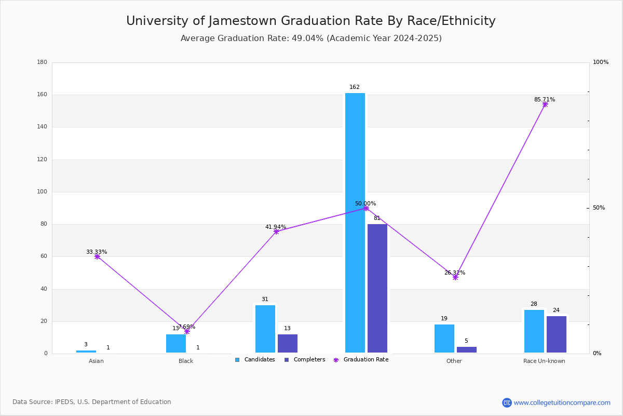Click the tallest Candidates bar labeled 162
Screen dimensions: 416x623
(355, 223)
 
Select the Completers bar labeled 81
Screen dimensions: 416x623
(377, 289)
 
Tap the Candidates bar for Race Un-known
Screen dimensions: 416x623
(534, 331)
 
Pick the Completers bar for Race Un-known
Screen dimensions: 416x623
(557, 334)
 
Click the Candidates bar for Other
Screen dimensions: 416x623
(444, 339)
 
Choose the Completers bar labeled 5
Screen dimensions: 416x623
(467, 350)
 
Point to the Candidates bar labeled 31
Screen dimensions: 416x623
(265, 329)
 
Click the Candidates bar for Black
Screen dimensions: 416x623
(176, 343)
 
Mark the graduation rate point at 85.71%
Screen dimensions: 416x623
(545, 105)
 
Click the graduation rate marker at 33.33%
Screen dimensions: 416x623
(97, 256)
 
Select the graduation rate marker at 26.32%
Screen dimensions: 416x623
(455, 277)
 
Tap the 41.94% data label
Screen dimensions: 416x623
(276, 227)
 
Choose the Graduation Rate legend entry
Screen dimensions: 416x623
(365, 360)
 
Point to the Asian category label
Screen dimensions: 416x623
(96, 361)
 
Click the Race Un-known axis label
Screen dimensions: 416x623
(544, 361)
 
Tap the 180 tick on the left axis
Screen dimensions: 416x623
(42, 62)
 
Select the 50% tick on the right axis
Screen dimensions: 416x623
(599, 208)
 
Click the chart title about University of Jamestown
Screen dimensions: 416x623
(311, 21)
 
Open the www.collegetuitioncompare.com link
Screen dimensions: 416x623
(562, 402)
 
